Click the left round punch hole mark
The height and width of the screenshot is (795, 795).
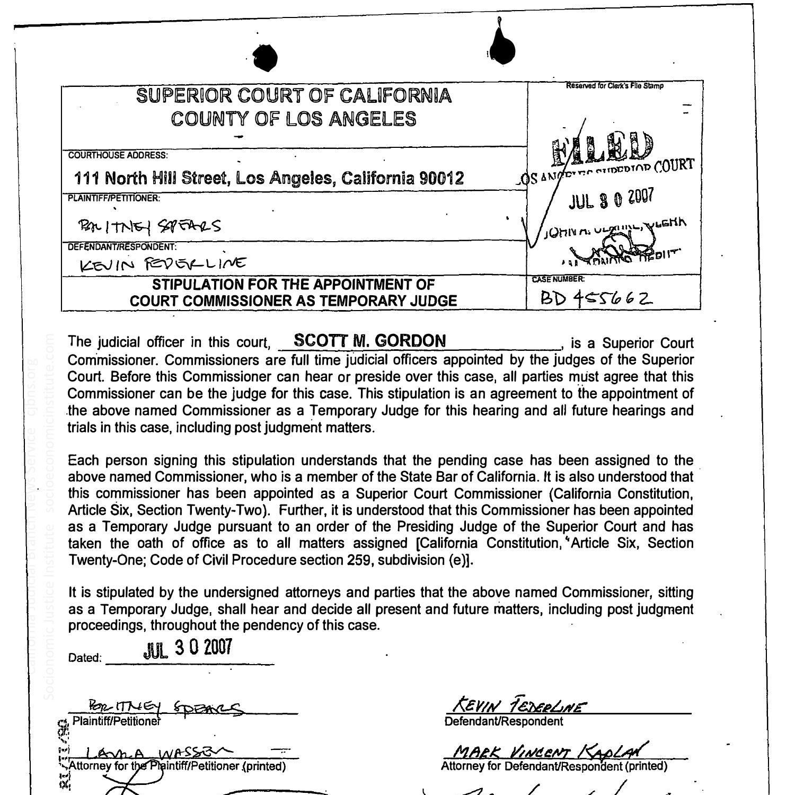(x=265, y=58)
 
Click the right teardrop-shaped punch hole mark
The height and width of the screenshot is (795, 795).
(x=501, y=49)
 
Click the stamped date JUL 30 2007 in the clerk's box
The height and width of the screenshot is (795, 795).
(x=611, y=198)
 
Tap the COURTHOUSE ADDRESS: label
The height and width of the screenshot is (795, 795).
(x=118, y=155)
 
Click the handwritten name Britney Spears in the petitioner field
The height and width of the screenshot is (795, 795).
(x=149, y=226)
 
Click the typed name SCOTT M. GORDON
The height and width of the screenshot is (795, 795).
(x=369, y=340)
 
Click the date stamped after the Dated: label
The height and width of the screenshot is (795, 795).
(x=188, y=648)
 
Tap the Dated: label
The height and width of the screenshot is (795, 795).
(x=85, y=658)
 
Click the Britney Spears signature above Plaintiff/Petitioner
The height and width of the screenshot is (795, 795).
(x=164, y=706)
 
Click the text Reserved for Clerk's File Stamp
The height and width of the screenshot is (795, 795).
(x=614, y=86)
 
